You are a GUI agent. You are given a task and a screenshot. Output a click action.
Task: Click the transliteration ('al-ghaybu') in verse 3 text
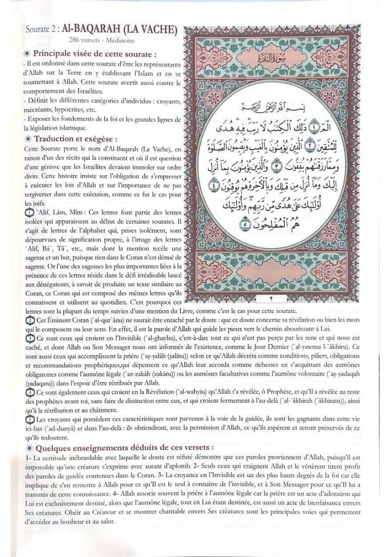pos(167,338)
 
